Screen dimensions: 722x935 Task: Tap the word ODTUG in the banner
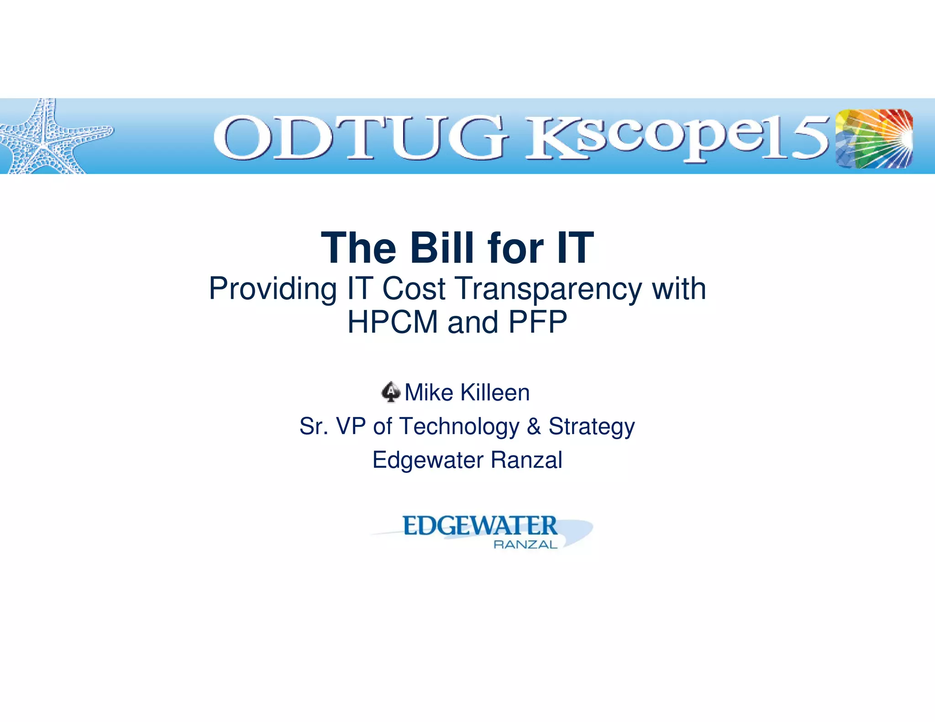361,138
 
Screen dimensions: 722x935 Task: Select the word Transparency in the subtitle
549,289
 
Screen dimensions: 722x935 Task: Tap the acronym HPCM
393,322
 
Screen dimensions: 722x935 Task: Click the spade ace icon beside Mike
391,392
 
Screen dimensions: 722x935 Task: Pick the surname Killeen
495,392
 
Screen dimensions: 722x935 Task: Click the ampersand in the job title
533,426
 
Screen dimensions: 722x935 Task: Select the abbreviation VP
351,426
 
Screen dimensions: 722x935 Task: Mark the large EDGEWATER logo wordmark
480,526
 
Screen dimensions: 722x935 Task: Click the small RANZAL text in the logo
525,544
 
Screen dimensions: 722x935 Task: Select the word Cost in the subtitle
414,289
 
